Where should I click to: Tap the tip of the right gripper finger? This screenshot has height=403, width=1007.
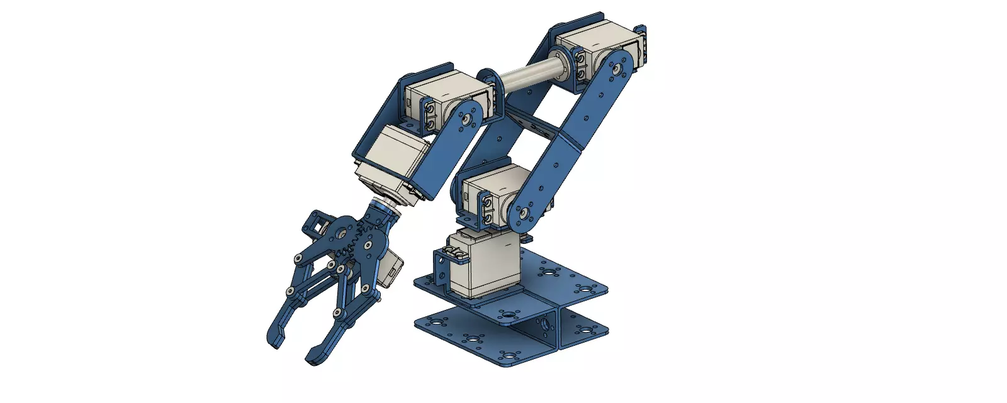(313, 360)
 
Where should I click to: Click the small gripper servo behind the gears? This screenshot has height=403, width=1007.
(393, 267)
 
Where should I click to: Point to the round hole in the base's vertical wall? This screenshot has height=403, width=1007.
(545, 323)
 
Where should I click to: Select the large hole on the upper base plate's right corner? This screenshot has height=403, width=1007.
(586, 290)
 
